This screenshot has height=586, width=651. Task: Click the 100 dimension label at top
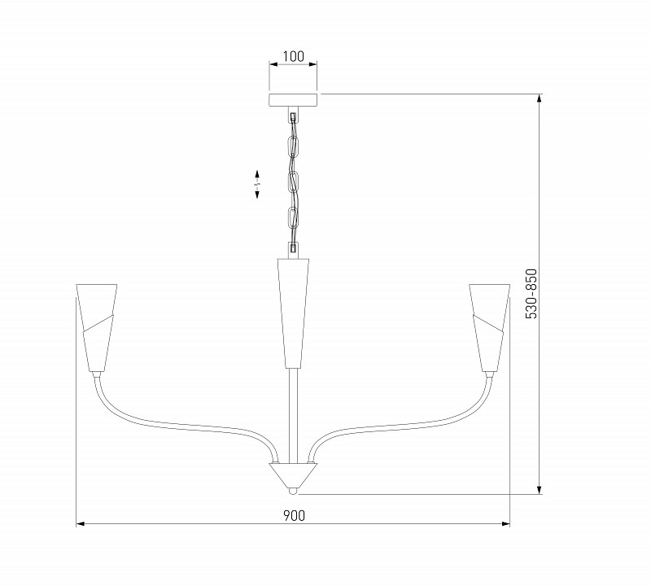click(x=293, y=56)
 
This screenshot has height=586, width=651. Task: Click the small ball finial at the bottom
click(x=293, y=491)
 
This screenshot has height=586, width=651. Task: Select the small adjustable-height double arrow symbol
click(x=257, y=185)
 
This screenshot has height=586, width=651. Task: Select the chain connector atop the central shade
click(x=293, y=249)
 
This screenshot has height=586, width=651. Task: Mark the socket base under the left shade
click(x=97, y=375)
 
